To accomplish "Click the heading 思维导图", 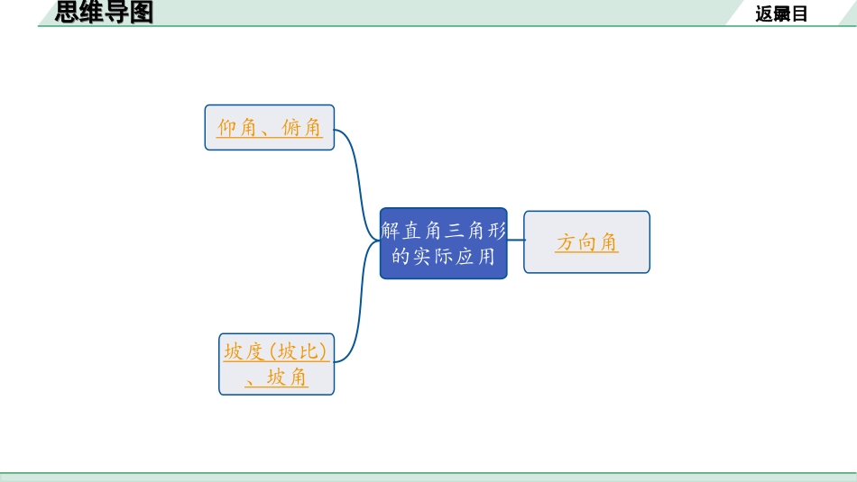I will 105,13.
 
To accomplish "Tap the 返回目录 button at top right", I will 781,14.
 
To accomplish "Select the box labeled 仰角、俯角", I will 269,127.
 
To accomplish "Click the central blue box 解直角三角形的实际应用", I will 443,242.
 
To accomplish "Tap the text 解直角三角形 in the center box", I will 443,230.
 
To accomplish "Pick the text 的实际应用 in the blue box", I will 443,257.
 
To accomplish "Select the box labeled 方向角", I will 586,241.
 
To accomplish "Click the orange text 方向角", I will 586,242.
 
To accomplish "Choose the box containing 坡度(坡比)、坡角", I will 276,364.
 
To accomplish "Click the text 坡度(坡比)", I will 276,351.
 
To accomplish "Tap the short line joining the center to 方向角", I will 515,241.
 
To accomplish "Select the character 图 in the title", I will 142,13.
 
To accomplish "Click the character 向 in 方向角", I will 586,242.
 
